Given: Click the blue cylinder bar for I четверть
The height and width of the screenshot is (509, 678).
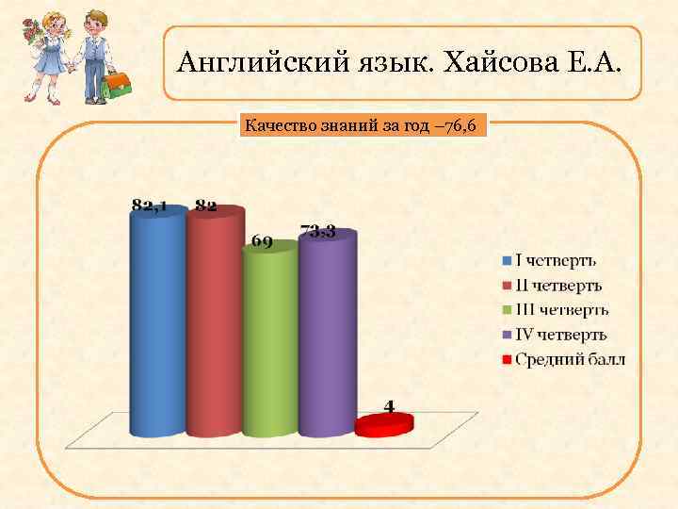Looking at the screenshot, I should pyautogui.click(x=157, y=325).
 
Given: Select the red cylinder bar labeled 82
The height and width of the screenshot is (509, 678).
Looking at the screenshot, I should pyautogui.click(x=214, y=325).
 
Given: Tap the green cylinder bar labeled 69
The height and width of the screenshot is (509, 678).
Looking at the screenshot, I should pyautogui.click(x=270, y=339).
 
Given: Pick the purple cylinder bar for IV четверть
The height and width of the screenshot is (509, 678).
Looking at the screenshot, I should pyautogui.click(x=327, y=335).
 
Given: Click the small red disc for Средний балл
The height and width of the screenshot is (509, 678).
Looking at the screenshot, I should pyautogui.click(x=384, y=425).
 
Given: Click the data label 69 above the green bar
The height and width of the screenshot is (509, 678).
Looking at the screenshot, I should pyautogui.click(x=262, y=241).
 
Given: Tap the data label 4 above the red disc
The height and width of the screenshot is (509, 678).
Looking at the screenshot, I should pyautogui.click(x=388, y=406).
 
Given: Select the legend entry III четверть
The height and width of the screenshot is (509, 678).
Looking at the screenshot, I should pyautogui.click(x=559, y=310).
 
